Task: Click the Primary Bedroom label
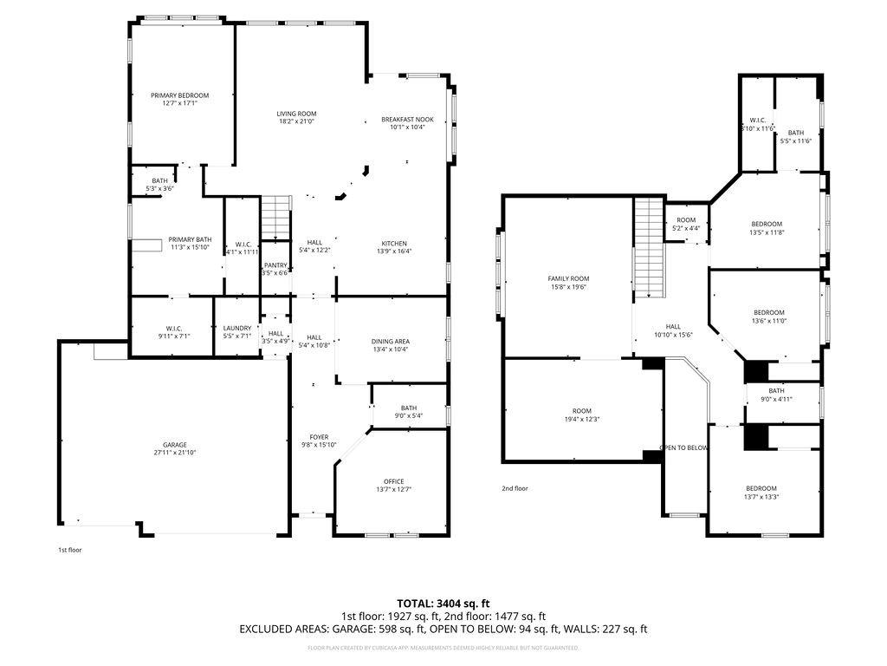(179, 95)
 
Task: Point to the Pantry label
(275, 265)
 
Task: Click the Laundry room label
(236, 328)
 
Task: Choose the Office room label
(394, 481)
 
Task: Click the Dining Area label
(391, 342)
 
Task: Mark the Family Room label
(567, 278)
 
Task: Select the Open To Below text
(683, 448)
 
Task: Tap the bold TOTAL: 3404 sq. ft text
(443, 603)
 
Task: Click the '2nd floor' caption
(515, 488)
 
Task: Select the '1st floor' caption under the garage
(69, 550)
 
